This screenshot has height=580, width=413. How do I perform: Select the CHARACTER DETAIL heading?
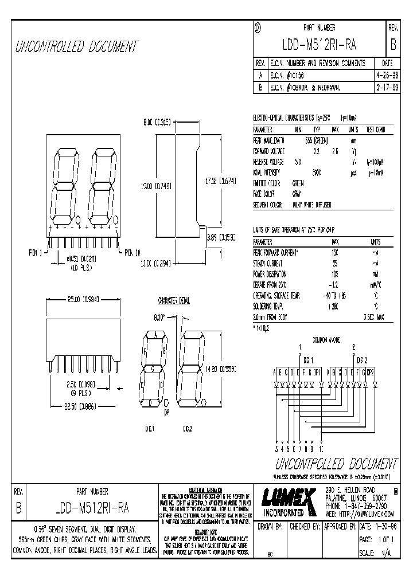click(174, 300)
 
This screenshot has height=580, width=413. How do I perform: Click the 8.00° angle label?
click(158, 316)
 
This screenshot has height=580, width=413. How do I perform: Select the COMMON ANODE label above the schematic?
click(326, 340)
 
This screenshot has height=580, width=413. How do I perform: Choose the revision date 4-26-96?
click(384, 75)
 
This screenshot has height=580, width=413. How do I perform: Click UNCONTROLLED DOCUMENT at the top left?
click(77, 46)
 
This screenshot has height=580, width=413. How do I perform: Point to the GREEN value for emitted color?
click(298, 183)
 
